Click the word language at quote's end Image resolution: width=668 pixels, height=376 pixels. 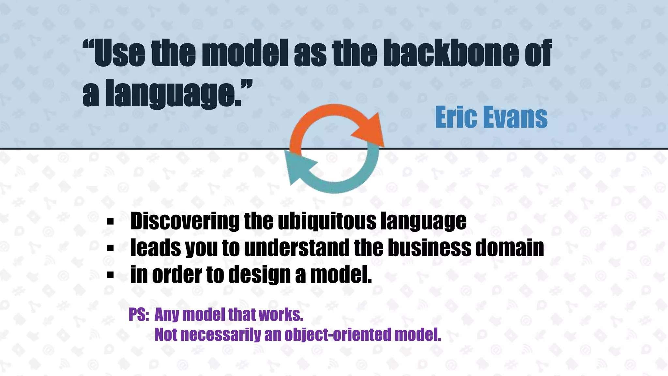173,94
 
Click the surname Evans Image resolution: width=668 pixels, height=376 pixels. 515,117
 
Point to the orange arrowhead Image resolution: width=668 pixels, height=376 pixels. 370,131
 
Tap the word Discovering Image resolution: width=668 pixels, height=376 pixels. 185,221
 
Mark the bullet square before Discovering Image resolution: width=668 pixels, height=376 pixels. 110,222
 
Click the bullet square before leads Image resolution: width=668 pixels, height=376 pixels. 110,249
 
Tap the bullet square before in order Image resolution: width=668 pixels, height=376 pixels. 110,275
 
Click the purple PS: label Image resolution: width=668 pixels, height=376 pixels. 139,315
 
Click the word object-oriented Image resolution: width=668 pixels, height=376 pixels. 338,335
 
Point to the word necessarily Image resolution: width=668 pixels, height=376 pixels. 220,335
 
